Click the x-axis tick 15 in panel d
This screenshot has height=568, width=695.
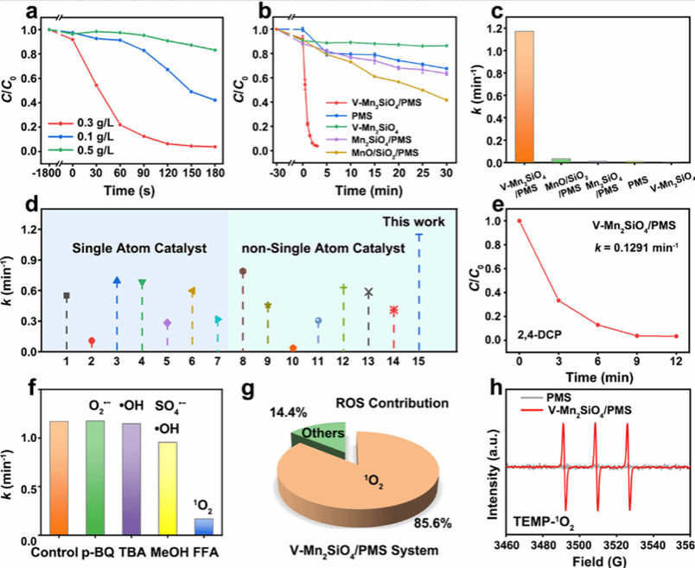pyautogui.click(x=419, y=362)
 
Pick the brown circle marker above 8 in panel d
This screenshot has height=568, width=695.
pyautogui.click(x=243, y=271)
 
